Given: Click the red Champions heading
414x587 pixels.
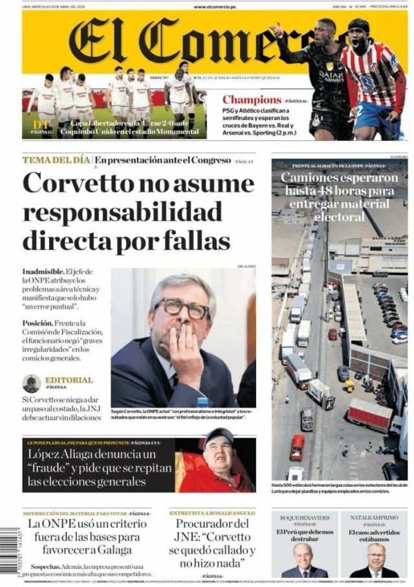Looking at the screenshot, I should (x=252, y=100).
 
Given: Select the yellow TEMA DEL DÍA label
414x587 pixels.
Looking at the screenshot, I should (x=56, y=160).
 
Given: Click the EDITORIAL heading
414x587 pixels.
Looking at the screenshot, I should (x=69, y=380).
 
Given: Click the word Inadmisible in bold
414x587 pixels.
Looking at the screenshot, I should (x=43, y=271).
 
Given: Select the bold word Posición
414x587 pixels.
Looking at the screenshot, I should (x=38, y=323).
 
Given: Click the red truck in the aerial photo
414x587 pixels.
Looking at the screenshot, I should (x=297, y=447).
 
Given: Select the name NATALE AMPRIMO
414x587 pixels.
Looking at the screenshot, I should (x=374, y=518).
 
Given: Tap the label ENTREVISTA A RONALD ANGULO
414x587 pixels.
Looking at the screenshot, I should (x=212, y=513).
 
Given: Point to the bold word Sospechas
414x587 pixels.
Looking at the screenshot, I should (x=41, y=565).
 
